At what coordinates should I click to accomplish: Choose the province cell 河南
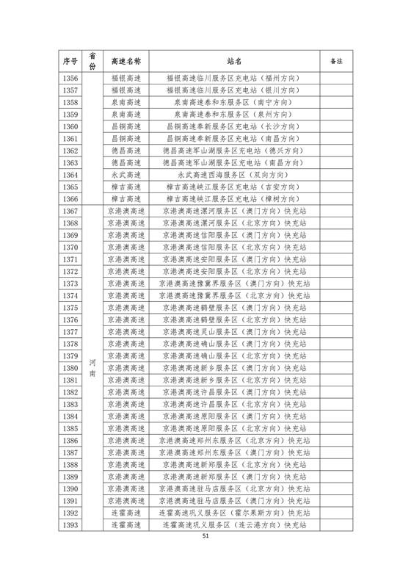(x=92, y=368)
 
